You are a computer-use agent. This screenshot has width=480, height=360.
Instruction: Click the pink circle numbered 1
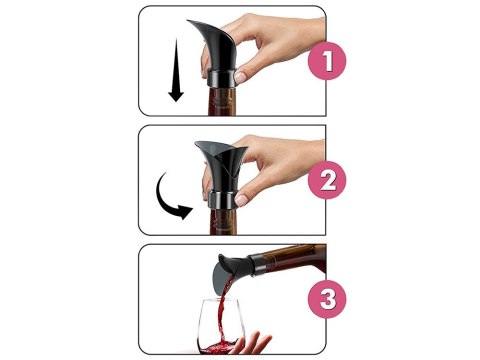(327, 61)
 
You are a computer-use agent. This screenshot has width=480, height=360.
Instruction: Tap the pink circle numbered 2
(327, 180)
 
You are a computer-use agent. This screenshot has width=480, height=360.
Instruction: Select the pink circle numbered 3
(327, 299)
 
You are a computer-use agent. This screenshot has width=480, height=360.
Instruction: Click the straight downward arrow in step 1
(176, 70)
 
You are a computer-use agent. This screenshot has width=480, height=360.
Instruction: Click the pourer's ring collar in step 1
(222, 79)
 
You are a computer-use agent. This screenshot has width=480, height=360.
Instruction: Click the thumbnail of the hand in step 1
(240, 77)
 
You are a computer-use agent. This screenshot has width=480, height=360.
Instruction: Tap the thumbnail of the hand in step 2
(241, 200)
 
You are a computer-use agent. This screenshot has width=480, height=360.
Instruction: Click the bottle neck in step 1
(222, 101)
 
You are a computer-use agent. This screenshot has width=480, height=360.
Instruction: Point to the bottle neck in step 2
(223, 222)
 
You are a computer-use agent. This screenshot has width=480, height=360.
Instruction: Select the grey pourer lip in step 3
(221, 278)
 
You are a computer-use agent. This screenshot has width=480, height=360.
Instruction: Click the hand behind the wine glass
(253, 343)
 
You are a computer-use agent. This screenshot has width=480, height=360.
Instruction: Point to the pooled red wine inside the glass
(218, 348)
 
